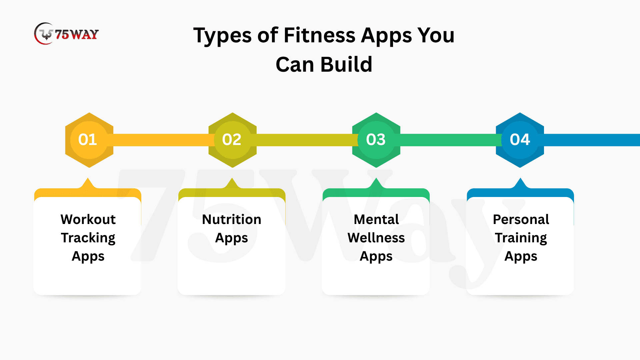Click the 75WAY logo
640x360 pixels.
coord(66,34)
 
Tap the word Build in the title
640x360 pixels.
coord(346,64)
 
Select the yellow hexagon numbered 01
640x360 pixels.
coord(89,140)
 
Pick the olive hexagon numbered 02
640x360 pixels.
coord(232,140)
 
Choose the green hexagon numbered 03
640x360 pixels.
coord(376,140)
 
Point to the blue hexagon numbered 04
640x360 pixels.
coord(520,140)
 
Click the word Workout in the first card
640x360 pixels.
coord(88,219)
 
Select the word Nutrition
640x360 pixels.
coord(232,219)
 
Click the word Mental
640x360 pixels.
coord(376,219)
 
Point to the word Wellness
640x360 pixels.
coord(376,238)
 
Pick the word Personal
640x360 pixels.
coord(521,219)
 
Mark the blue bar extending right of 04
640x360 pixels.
coord(592,140)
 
